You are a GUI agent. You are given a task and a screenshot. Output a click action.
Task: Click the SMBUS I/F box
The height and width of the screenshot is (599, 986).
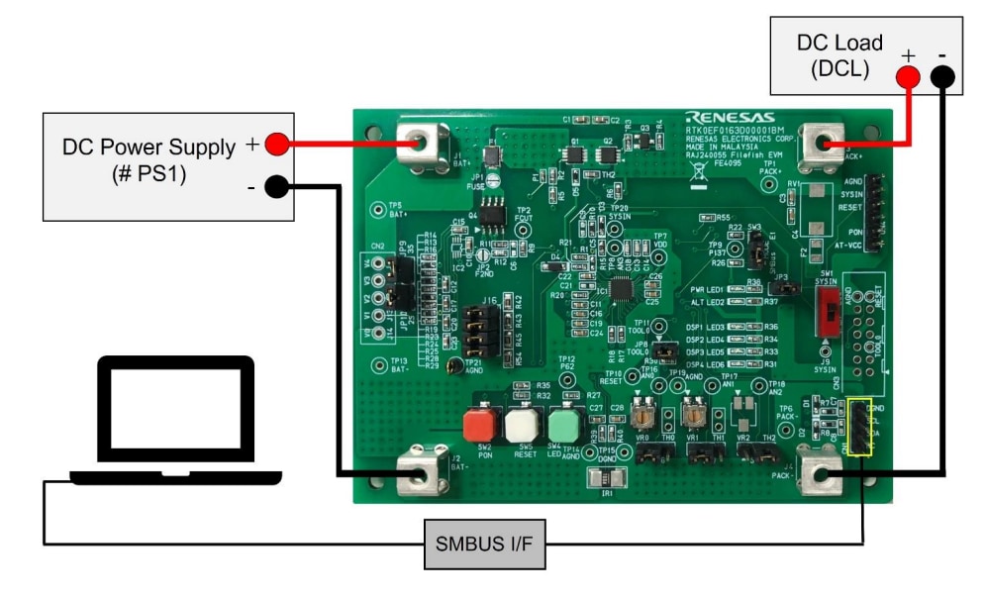486,542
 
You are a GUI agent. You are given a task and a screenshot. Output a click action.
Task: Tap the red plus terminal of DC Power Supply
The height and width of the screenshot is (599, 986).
277,146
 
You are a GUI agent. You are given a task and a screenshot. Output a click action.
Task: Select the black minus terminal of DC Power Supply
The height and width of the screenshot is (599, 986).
277,185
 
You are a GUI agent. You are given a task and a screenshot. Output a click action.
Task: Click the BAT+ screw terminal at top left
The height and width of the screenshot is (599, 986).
422,146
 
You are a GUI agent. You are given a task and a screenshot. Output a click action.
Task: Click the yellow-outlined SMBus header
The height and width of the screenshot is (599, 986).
858,429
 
